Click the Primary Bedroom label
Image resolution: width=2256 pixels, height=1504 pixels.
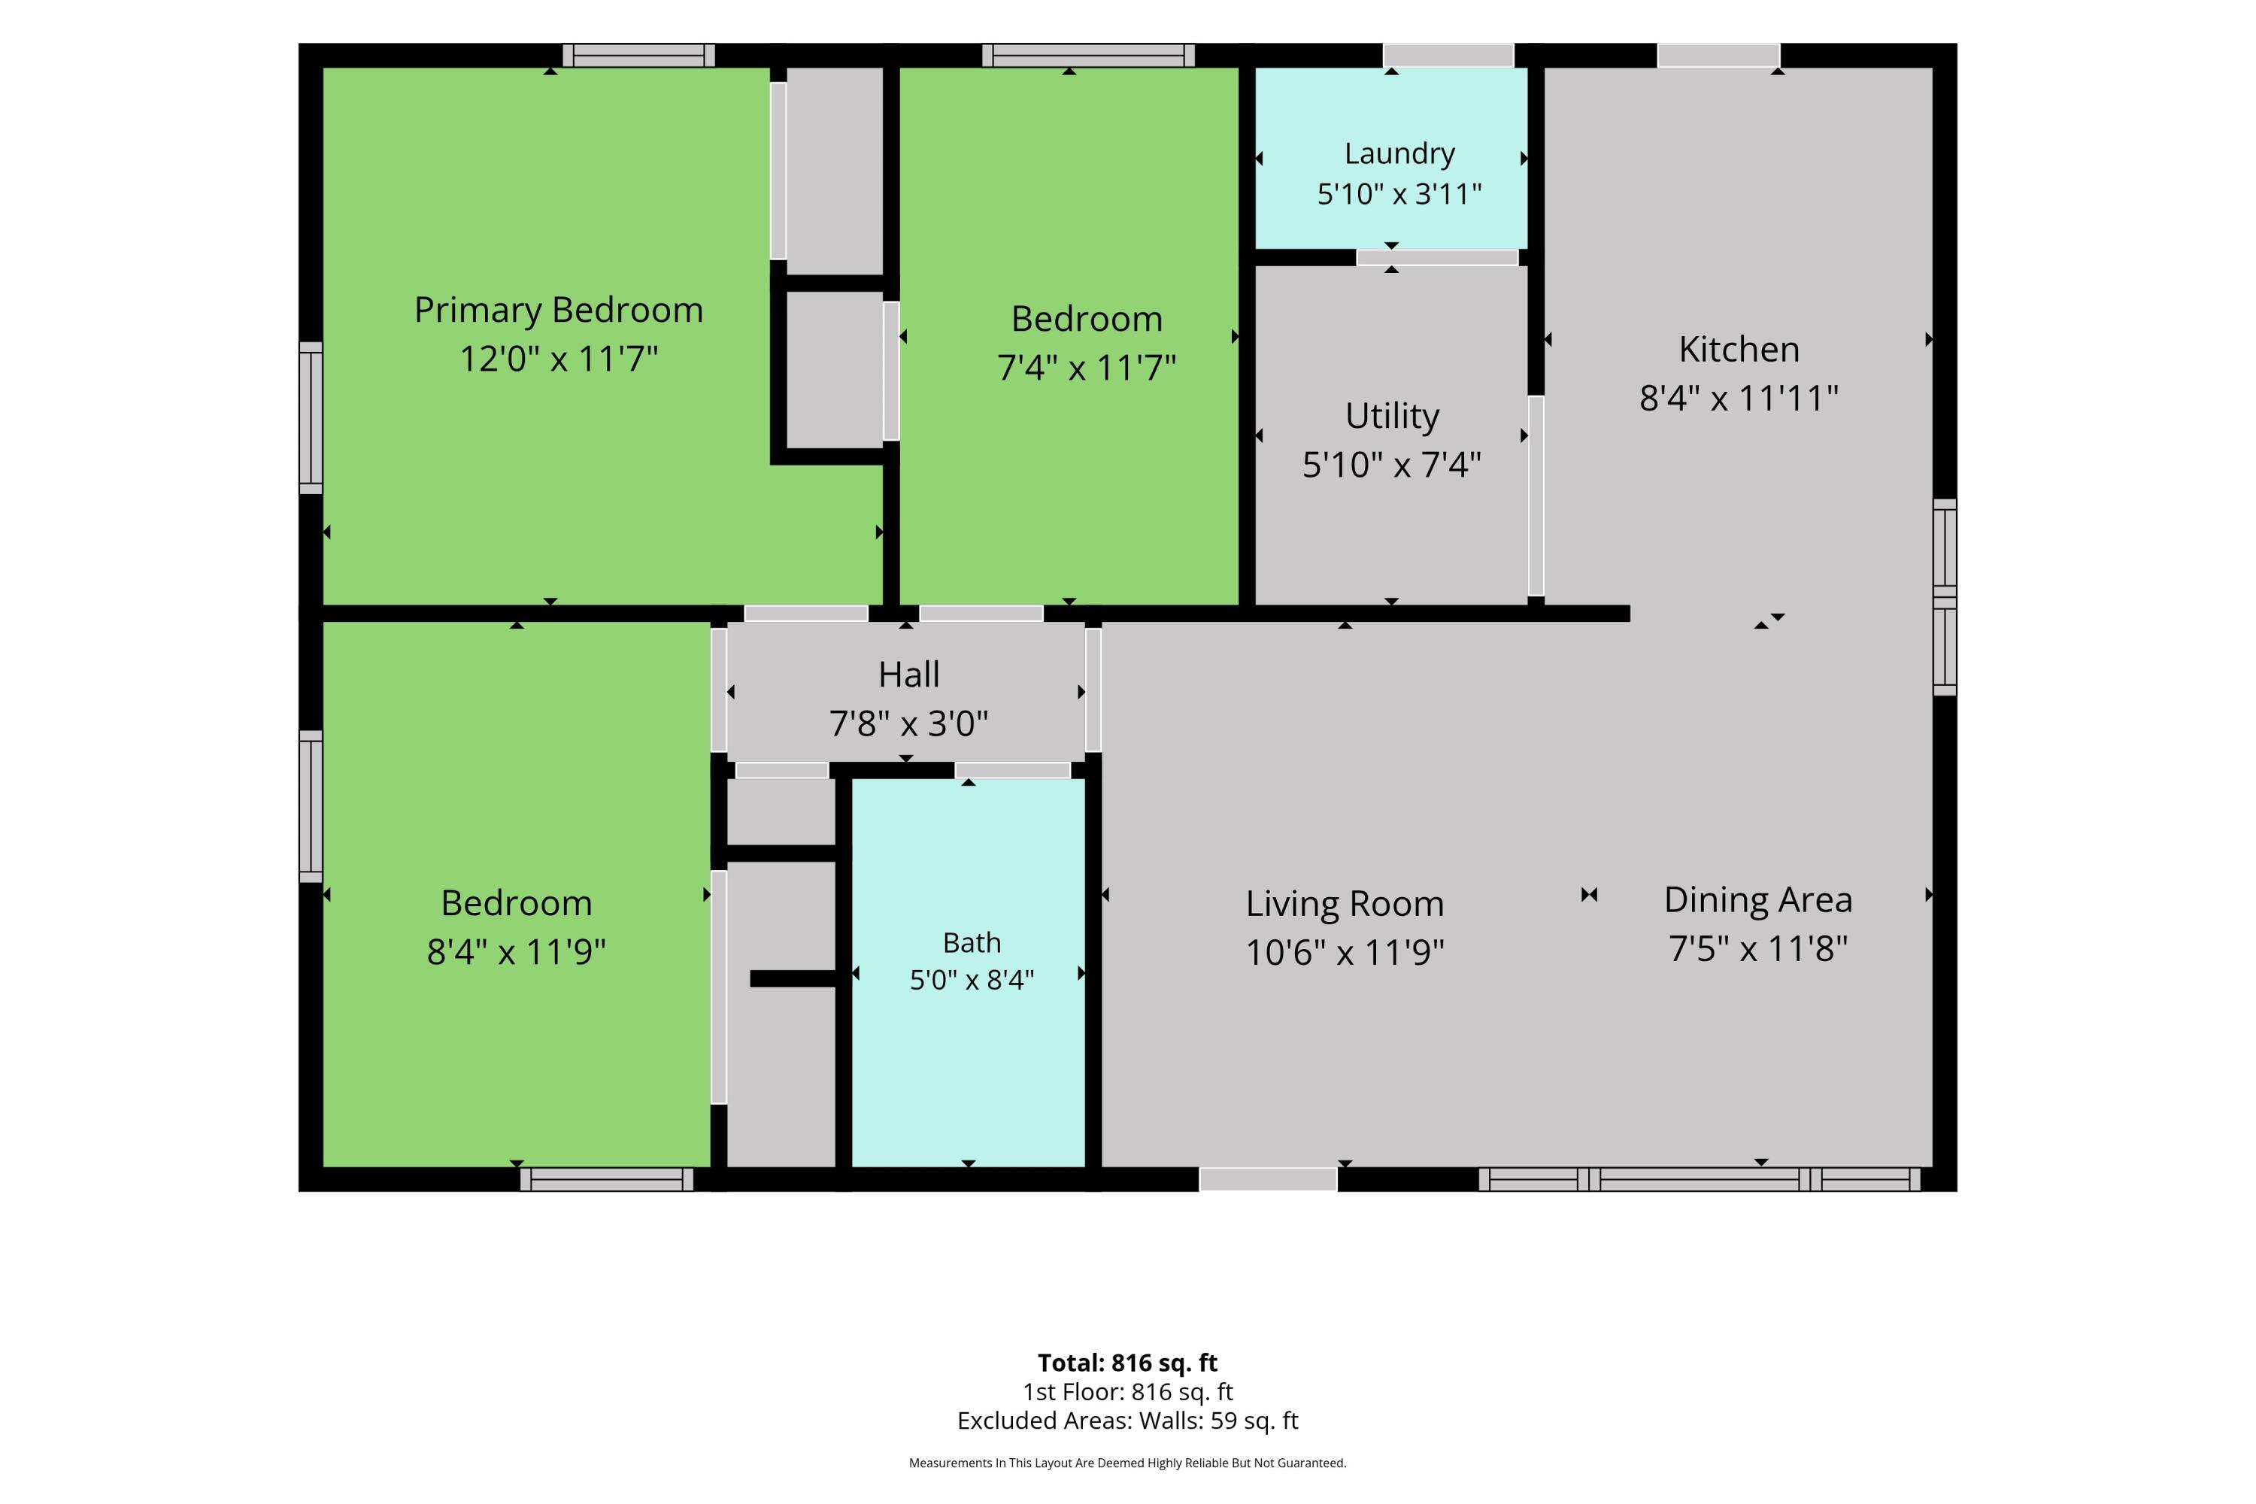point(558,310)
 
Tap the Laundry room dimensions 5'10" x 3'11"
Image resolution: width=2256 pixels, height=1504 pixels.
point(1399,194)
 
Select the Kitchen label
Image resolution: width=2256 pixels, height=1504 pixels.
point(1739,349)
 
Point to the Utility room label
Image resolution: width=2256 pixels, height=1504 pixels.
point(1392,417)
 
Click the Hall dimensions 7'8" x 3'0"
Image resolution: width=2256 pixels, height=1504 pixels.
point(908,723)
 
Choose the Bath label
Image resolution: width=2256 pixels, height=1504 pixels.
point(972,943)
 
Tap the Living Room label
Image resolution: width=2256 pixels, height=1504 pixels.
point(1345,904)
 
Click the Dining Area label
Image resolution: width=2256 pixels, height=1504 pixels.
point(1758,899)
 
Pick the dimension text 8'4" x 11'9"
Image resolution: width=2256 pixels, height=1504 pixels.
point(516,951)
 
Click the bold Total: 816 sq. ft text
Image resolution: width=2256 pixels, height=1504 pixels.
point(1128,1362)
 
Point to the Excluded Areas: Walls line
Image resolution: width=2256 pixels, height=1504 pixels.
point(1128,1421)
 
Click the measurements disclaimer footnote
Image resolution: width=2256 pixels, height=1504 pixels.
point(1128,1463)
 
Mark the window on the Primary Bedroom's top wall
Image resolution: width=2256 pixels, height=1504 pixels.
point(638,56)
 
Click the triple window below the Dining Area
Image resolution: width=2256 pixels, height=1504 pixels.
point(1700,1180)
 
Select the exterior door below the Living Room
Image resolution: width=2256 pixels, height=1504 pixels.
point(1268,1180)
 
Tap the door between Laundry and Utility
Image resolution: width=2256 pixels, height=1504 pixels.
point(1437,258)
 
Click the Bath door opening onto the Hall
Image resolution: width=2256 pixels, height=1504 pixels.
point(1013,770)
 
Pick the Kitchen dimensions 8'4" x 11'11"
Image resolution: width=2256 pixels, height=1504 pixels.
point(1739,398)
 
